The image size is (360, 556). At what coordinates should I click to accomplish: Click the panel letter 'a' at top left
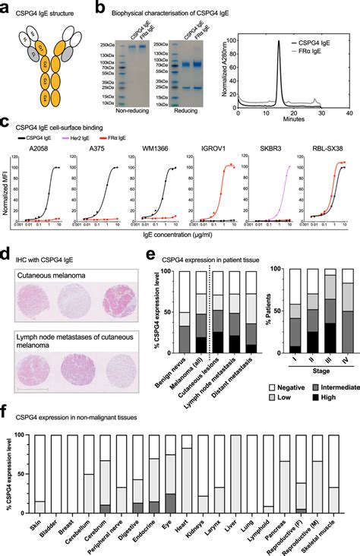click(x=5, y=6)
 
